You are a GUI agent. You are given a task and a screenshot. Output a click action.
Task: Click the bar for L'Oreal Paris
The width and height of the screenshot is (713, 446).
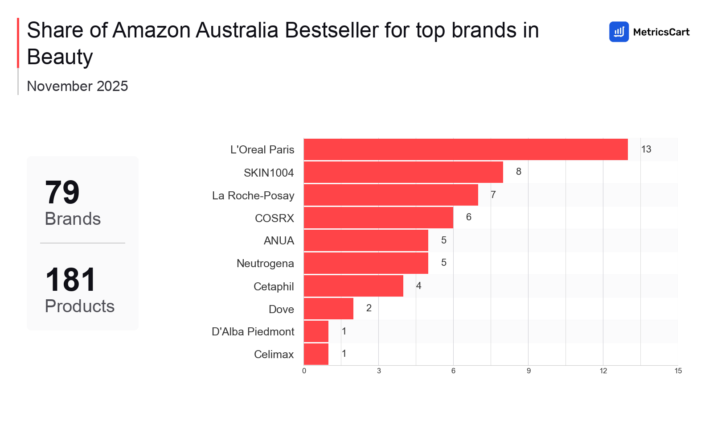pyautogui.click(x=466, y=149)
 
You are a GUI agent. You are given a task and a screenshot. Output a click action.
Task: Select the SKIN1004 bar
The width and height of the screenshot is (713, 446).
pyautogui.click(x=403, y=172)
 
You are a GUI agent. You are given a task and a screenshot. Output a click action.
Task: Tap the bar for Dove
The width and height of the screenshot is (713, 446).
pyautogui.click(x=328, y=309)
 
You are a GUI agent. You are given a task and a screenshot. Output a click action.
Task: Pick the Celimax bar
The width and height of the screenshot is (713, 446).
pyautogui.click(x=316, y=354)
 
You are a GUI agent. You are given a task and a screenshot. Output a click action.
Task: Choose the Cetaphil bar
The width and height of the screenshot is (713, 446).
pyautogui.click(x=353, y=286)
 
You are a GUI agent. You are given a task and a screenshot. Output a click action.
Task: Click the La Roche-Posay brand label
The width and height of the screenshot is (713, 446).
pyautogui.click(x=253, y=195)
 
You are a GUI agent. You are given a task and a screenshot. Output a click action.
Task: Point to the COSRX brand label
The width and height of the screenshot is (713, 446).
pyautogui.click(x=275, y=218)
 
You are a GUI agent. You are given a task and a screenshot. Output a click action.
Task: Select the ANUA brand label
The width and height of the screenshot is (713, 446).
pyautogui.click(x=279, y=240)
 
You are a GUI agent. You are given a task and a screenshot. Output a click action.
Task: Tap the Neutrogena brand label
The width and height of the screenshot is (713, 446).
pyautogui.click(x=265, y=263)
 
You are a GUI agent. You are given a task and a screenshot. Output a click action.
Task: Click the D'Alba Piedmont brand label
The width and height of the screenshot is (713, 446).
pyautogui.click(x=253, y=331)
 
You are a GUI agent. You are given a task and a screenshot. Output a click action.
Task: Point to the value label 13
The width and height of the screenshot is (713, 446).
pyautogui.click(x=646, y=149)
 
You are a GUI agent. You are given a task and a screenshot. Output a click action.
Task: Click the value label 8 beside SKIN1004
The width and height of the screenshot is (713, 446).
pyautogui.click(x=519, y=172)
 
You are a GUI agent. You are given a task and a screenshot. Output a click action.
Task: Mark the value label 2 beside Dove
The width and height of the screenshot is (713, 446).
pyautogui.click(x=369, y=308)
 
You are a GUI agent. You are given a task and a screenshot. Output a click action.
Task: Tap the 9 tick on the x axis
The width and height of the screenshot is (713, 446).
pyautogui.click(x=529, y=371)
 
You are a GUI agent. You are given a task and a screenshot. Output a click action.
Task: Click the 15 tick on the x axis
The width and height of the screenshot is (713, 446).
pyautogui.click(x=678, y=371)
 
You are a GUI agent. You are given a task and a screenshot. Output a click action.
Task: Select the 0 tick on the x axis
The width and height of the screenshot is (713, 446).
pyautogui.click(x=304, y=371)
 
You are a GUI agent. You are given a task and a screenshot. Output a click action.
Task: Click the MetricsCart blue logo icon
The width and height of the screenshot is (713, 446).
pyautogui.click(x=619, y=32)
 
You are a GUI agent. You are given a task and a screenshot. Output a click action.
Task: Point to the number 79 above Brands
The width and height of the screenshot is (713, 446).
pyautogui.click(x=62, y=193)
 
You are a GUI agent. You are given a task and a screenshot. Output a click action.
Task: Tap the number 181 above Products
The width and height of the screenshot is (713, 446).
pyautogui.click(x=70, y=280)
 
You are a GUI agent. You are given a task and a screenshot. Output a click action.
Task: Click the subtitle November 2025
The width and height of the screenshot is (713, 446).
pyautogui.click(x=78, y=86)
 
